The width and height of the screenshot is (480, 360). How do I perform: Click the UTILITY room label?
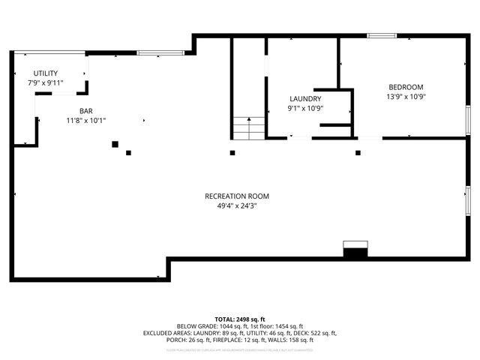pos(45,73)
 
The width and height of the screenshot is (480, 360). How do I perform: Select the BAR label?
pos(75,110)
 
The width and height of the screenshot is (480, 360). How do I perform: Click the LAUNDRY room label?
pos(305,99)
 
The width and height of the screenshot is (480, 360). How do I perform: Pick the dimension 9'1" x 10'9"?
pos(305,108)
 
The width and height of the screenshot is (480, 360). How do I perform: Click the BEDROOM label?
pos(406,87)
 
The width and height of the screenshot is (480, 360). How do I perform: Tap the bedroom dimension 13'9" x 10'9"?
pos(406,96)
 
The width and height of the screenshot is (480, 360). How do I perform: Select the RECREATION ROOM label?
pos(236,196)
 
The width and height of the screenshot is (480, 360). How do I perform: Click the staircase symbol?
pos(248,128)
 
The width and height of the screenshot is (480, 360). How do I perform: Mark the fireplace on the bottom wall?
pos(355,250)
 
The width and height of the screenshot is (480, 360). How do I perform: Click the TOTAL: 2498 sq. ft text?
pos(240,319)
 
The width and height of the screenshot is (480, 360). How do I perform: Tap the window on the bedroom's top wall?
pos(382,35)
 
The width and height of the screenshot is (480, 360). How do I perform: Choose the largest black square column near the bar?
pos(115,144)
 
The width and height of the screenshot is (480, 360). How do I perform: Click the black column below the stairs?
pos(232,153)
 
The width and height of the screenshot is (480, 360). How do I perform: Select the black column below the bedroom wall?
pos(358,153)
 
